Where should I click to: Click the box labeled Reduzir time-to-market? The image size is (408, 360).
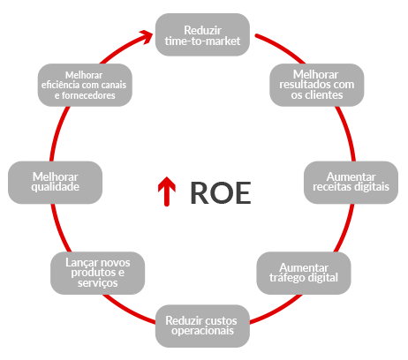pyautogui.click(x=202, y=34)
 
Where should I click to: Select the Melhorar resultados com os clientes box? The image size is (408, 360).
pyautogui.click(x=317, y=85)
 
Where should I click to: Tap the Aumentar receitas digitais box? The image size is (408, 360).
pyautogui.click(x=351, y=183)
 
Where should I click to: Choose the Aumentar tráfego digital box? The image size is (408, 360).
pyautogui.click(x=304, y=273)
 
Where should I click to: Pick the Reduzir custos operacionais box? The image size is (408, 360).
pyautogui.click(x=202, y=326)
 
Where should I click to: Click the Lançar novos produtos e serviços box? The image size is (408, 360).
pyautogui.click(x=98, y=273)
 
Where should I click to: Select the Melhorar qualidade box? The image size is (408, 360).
pyautogui.click(x=56, y=183)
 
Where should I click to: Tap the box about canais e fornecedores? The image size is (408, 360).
pyautogui.click(x=85, y=85)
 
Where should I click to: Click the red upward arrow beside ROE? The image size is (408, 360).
pyautogui.click(x=167, y=191)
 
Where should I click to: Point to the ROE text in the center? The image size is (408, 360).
pyautogui.click(x=221, y=193)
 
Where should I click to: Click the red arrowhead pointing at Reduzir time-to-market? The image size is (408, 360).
pyautogui.click(x=147, y=36)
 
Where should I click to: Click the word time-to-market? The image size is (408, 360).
pyautogui.click(x=202, y=41)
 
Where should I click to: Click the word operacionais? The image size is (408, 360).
pyautogui.click(x=202, y=331)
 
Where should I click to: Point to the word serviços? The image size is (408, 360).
pyautogui.click(x=98, y=283)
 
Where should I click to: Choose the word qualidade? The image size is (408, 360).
pyautogui.click(x=56, y=187)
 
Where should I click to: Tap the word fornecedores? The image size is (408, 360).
pyautogui.click(x=88, y=95)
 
